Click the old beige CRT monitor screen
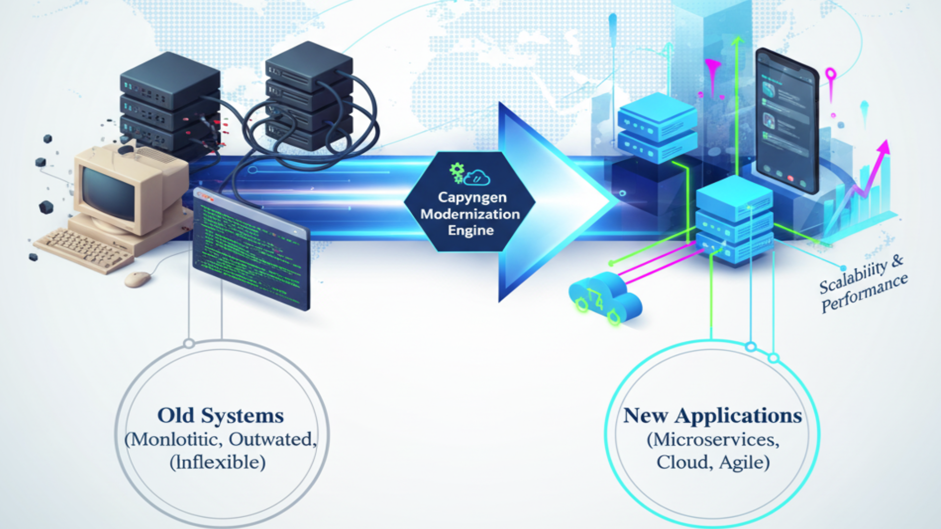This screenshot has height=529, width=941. (108, 193)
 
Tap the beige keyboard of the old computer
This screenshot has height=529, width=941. (83, 249)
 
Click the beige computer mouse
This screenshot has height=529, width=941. (138, 279)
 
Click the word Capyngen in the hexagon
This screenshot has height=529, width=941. (472, 197)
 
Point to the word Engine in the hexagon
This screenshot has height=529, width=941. (470, 230)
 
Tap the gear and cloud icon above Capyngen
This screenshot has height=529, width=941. (469, 174)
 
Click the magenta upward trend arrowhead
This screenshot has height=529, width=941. (884, 147)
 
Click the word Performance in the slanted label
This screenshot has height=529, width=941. (865, 294)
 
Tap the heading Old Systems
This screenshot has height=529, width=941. (221, 416)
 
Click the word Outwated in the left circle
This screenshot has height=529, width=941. (272, 439)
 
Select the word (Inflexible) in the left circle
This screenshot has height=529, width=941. (218, 462)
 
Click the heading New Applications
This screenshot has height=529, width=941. (713, 416)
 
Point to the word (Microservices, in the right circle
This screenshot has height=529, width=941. (713, 439)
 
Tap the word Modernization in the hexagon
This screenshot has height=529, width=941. (470, 214)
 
